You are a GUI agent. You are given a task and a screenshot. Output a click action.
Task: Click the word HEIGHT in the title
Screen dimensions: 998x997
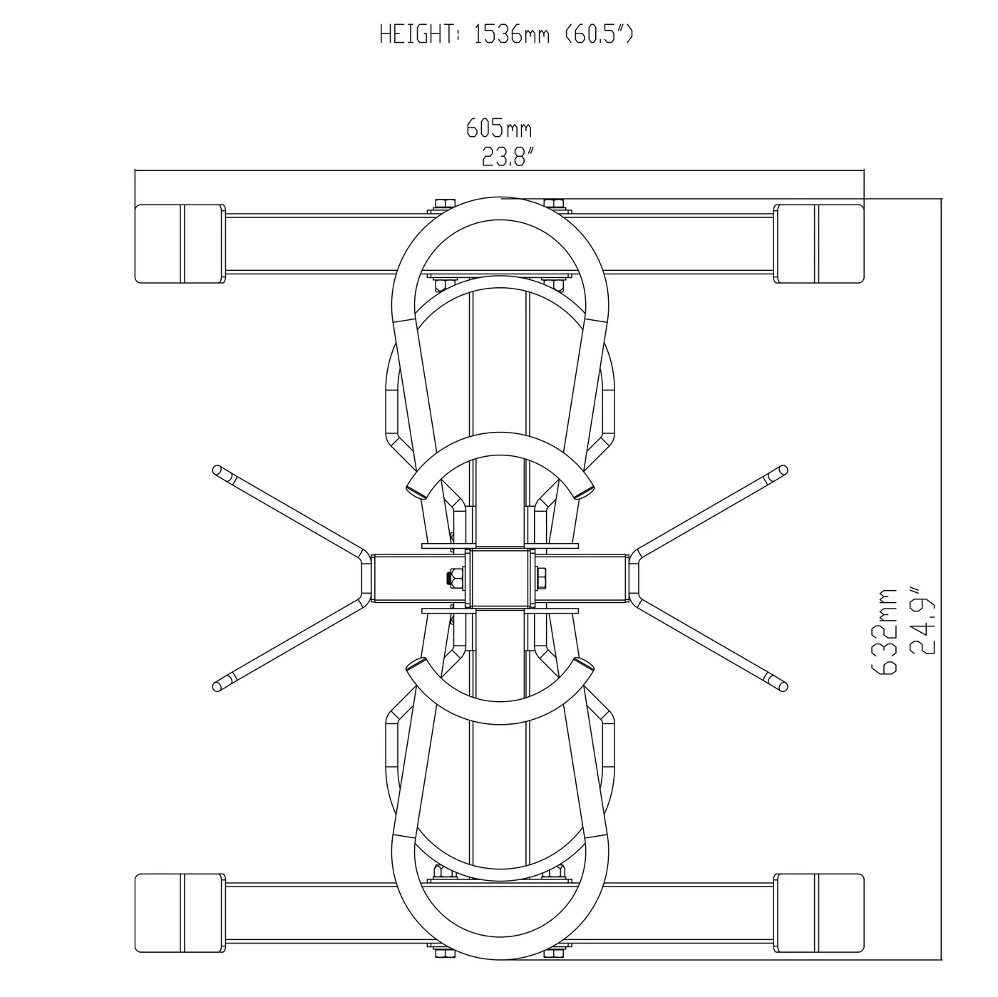(418, 34)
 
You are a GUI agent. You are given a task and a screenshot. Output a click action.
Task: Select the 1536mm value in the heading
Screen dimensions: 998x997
(512, 34)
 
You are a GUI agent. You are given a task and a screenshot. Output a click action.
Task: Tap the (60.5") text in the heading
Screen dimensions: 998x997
(599, 34)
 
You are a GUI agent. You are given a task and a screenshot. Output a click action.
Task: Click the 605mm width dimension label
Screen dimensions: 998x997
(499, 128)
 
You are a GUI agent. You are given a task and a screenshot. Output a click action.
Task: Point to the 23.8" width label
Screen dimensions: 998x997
(508, 156)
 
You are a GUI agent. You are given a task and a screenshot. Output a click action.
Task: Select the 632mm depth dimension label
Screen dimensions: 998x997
(884, 631)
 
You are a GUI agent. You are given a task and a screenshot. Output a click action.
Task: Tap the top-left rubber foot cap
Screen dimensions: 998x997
(180, 244)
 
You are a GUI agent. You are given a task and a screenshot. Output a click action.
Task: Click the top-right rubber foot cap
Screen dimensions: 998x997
(819, 244)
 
